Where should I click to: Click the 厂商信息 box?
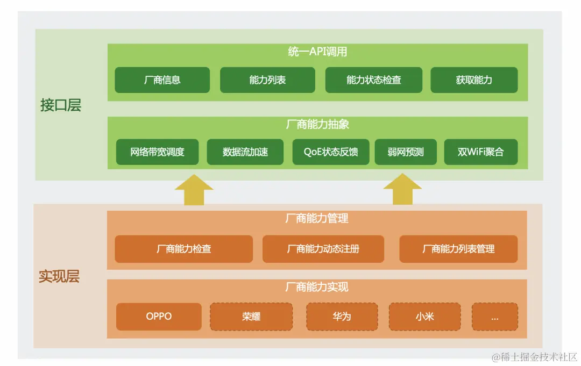tap(162, 80)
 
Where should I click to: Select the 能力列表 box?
tap(267, 80)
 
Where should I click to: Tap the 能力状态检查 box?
tap(374, 80)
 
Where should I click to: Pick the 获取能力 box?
tap(474, 80)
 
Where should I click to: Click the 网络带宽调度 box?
tap(157, 152)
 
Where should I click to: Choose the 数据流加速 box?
tap(245, 152)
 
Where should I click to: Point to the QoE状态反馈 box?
tap(331, 152)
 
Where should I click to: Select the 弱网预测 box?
tap(406, 152)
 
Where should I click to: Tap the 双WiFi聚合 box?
tap(481, 152)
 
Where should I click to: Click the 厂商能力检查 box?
tap(183, 249)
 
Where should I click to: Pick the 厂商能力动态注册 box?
tap(323, 249)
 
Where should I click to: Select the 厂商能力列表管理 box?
tap(458, 249)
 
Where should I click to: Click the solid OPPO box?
tap(159, 317)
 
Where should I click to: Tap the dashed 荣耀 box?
tap(251, 317)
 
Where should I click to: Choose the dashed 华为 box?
tap(342, 317)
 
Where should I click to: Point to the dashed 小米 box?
tap(424, 317)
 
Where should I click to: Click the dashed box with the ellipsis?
tap(495, 317)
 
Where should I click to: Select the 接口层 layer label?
tap(61, 105)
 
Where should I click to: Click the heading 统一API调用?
tap(317, 52)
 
